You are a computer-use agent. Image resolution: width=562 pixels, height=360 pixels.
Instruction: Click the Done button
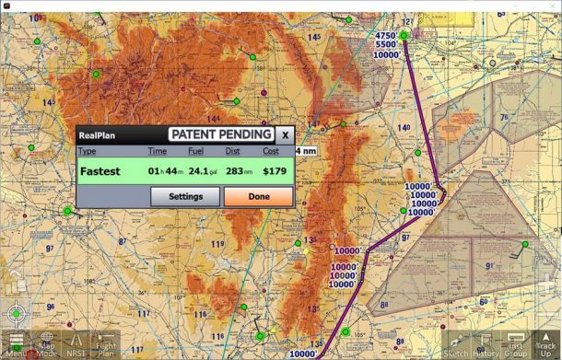coord(258,196)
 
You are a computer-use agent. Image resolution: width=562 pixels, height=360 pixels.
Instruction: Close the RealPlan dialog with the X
coord(285,134)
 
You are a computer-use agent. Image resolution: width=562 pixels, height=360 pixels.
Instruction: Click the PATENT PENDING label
coord(221,134)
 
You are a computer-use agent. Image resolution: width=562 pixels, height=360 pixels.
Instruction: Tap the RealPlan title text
coord(97,135)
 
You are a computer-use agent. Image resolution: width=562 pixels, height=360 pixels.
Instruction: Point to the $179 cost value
coord(275,170)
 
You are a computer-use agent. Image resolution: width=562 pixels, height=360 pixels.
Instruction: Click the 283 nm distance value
coord(239,170)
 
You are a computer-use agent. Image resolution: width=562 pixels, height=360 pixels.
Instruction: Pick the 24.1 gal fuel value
coord(202,170)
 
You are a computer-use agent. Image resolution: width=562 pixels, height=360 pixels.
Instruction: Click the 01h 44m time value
coord(166,170)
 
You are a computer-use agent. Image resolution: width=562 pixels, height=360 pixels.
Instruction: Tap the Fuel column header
coord(195,151)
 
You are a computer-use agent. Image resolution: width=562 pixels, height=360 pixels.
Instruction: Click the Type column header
coord(88,151)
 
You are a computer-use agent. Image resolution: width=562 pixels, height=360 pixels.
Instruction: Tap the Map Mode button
coord(47,343)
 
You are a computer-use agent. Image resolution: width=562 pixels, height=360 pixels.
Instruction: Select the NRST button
coord(76,343)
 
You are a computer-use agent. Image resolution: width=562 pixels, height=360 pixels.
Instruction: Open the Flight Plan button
coord(106,343)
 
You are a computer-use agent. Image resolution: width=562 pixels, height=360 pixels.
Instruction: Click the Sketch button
coord(456,343)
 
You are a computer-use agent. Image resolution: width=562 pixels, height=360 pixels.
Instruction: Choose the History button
coord(486,343)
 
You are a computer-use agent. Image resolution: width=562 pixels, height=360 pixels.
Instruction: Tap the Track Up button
coord(545,343)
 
